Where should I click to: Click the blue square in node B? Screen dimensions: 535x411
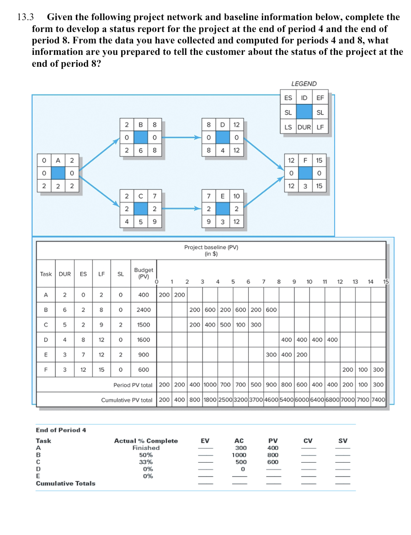141,137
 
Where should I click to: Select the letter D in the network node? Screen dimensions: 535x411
223,124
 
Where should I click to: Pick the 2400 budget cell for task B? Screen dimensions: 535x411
144,310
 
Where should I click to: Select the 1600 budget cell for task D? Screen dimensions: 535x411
144,340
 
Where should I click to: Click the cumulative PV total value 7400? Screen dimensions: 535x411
379,400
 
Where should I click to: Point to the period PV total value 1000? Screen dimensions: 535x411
211,385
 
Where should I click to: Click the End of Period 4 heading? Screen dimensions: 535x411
61,430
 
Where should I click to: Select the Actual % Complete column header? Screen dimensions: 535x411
146,441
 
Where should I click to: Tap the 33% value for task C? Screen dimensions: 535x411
146,462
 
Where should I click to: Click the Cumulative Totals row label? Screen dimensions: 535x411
66,483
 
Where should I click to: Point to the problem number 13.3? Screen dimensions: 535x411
26,17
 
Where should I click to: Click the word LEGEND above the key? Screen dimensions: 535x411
304,84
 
